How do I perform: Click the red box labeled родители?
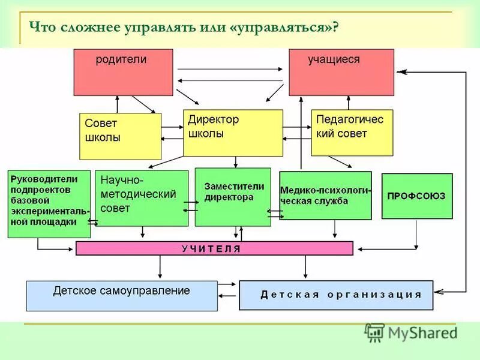tap(123, 72)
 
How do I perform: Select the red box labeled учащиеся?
tap(341, 72)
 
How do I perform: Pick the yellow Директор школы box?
tap(232, 133)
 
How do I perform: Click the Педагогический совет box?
tap(352, 133)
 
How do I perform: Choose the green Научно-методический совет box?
tap(142, 198)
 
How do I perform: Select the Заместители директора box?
tap(233, 197)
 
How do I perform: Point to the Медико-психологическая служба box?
tap(325, 196)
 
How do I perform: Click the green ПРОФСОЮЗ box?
tap(417, 196)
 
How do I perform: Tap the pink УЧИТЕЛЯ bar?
tap(214, 248)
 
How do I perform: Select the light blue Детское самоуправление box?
tap(122, 295)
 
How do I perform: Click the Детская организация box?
tap(336, 295)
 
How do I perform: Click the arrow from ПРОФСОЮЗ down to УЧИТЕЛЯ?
tap(416, 234)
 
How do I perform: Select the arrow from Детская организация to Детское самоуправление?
tap(229, 295)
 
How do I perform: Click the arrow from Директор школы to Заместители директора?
tap(236, 162)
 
